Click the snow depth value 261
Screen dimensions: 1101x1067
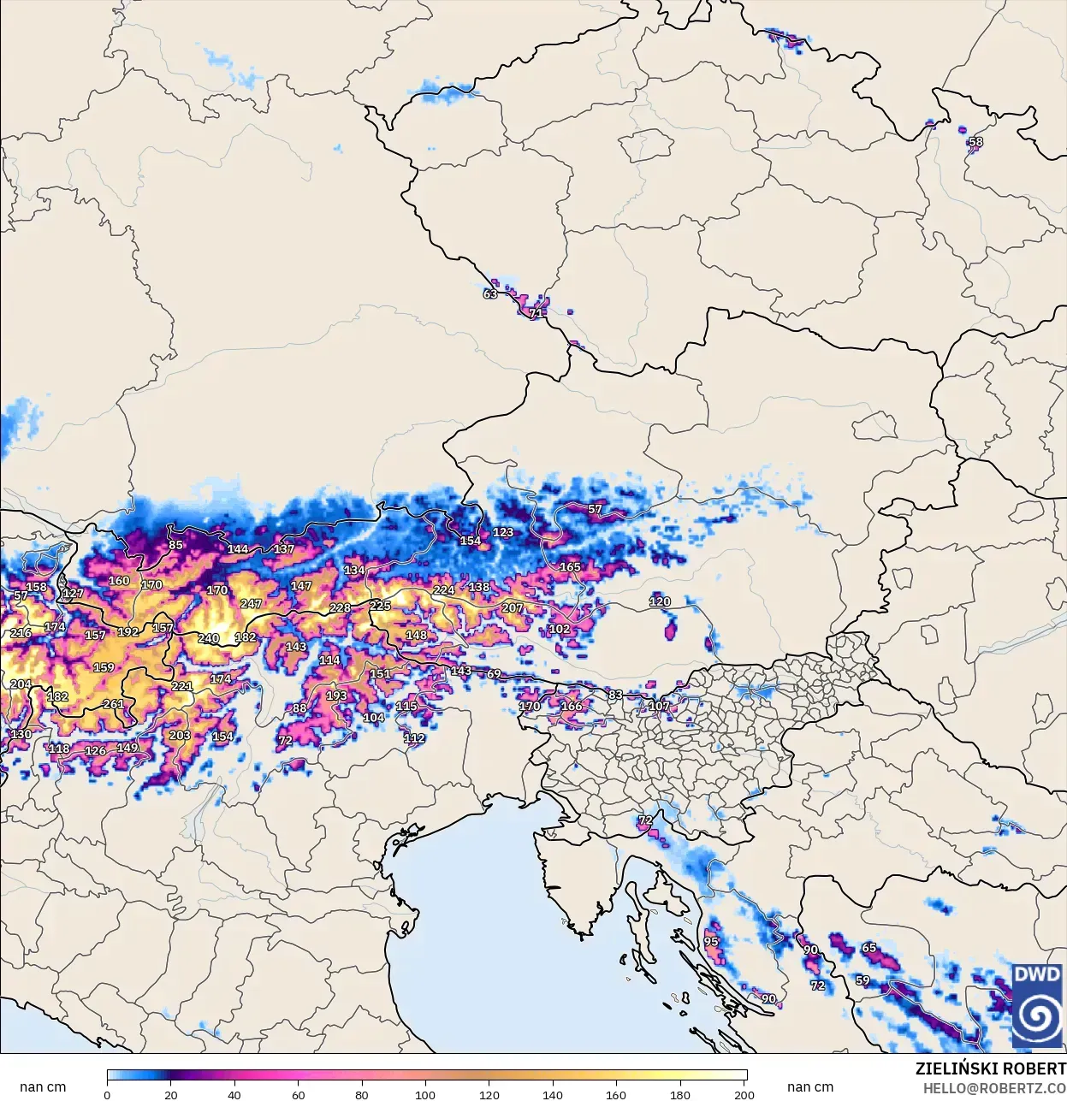(x=113, y=704)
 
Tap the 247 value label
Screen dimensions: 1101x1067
(x=251, y=604)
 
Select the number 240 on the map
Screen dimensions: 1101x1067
(x=209, y=638)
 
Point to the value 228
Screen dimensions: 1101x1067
(x=341, y=608)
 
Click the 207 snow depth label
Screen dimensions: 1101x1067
(x=512, y=608)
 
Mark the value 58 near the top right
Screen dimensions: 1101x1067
(x=975, y=142)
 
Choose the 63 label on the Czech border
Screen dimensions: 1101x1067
(x=490, y=294)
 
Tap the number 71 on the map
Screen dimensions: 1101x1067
(x=536, y=313)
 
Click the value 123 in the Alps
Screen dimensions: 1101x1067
(x=503, y=532)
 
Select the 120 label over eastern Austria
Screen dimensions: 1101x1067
(x=660, y=601)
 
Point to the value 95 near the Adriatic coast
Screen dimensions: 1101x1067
(x=711, y=941)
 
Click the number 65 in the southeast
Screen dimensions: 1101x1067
(x=869, y=948)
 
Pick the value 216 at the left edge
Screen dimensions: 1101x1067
(x=21, y=633)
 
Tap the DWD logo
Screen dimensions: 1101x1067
(x=1037, y=1006)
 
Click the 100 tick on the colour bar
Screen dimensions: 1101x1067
(x=425, y=1094)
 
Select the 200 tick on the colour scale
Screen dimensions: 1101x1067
(x=744, y=1094)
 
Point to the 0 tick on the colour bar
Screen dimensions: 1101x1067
(x=107, y=1094)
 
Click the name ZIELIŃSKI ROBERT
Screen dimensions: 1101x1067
(x=990, y=1068)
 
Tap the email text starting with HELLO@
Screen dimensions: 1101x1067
(x=994, y=1088)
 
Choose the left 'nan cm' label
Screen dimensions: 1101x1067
(x=43, y=1087)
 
